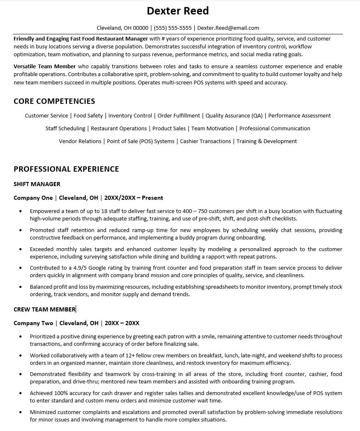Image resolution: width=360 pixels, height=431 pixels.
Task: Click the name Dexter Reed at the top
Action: (x=178, y=10)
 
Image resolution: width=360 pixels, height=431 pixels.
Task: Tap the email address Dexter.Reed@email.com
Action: (x=228, y=28)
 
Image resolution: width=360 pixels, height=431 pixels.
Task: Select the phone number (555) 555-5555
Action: (x=173, y=28)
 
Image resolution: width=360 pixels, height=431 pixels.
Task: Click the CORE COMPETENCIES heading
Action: (x=54, y=101)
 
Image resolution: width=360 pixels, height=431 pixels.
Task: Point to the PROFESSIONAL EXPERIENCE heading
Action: (x=66, y=169)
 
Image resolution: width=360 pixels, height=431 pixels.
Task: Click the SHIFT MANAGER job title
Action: (x=37, y=184)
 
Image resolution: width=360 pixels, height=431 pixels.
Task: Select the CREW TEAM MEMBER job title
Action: (x=44, y=309)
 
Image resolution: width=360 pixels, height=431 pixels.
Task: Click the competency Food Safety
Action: (x=88, y=116)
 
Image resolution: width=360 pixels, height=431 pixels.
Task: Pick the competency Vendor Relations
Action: (x=80, y=141)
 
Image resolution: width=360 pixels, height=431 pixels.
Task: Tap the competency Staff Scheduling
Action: (x=65, y=129)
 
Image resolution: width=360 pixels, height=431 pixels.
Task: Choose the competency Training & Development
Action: (x=267, y=141)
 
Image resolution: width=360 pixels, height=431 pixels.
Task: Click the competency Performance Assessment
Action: (x=299, y=116)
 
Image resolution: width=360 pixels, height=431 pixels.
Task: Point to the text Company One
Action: (x=33, y=198)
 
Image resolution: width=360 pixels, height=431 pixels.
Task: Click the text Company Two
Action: (x=33, y=323)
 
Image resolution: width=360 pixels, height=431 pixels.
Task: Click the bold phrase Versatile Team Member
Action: (x=45, y=66)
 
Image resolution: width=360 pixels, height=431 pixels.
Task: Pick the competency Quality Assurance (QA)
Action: (x=234, y=116)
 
